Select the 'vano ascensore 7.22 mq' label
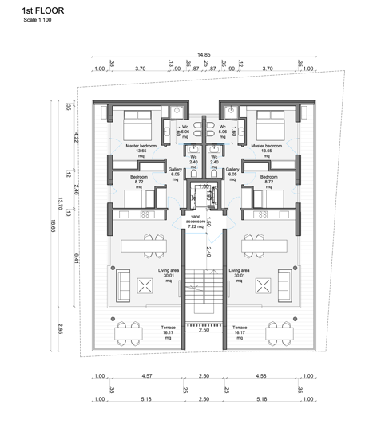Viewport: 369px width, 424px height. pos(196,222)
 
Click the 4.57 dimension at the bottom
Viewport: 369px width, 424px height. pos(147,376)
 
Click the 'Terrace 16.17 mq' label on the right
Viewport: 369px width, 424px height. pos(239,331)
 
